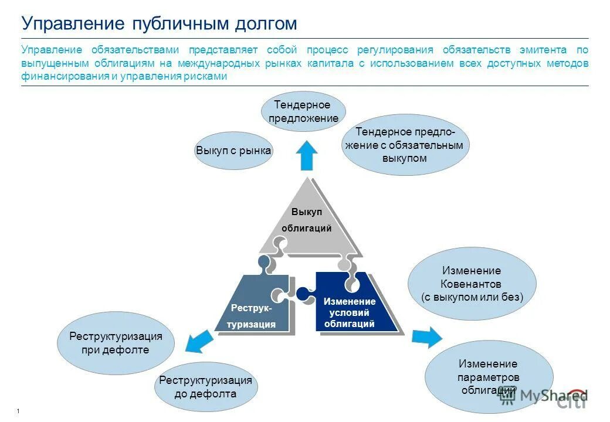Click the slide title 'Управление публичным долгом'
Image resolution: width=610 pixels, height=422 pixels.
coord(159,23)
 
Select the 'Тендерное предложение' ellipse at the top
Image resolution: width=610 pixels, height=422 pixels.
coord(303,111)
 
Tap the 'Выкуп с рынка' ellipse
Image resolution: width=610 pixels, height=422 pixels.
coord(233,151)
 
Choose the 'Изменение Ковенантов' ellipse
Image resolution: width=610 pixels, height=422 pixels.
coord(472,284)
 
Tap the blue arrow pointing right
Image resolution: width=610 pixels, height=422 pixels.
coord(426,337)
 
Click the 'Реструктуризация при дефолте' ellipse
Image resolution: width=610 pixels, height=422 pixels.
coord(116,343)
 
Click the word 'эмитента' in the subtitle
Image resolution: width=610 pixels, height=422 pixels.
coord(543,50)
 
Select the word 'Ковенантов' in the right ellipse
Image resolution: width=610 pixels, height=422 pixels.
coord(472,284)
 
